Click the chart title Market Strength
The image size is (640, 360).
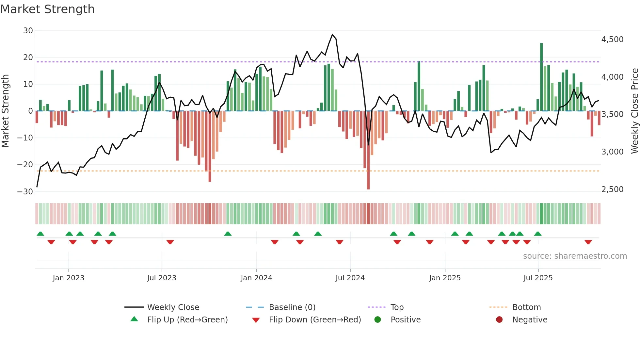(47, 9)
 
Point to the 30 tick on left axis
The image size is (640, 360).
(28, 31)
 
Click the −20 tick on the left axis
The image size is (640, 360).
(25, 165)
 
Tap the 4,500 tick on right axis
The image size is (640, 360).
(612, 40)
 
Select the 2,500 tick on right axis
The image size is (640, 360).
(612, 189)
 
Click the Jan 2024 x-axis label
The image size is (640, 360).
(256, 278)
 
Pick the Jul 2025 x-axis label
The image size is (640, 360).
(538, 278)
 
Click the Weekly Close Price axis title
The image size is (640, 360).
(634, 111)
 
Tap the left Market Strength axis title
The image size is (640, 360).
(6, 111)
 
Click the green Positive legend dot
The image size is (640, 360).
(377, 320)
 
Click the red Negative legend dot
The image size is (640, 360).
(499, 320)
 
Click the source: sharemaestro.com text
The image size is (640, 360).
(575, 256)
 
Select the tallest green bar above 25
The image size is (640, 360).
(541, 77)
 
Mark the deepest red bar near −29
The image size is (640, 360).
(368, 150)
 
